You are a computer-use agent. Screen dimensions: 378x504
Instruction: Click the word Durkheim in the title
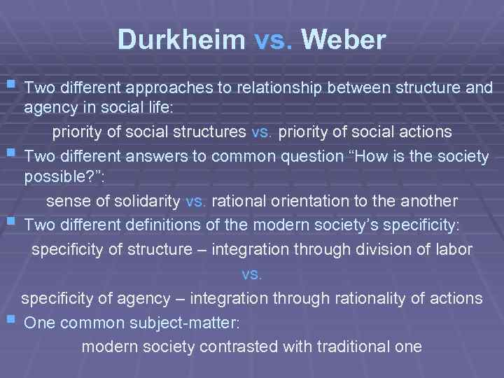[181, 40]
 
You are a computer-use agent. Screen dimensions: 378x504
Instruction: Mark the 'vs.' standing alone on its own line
[251, 274]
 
